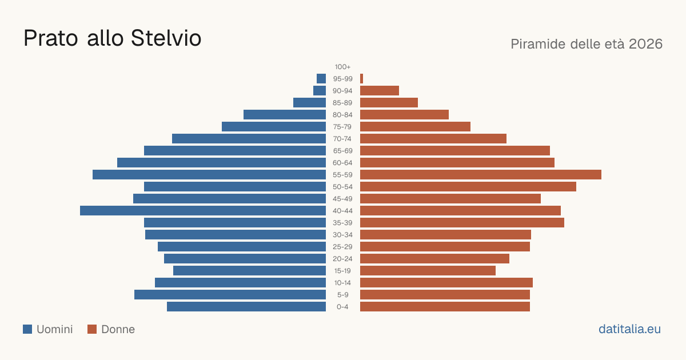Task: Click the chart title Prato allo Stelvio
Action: [113, 38]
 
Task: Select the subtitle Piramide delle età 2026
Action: [587, 44]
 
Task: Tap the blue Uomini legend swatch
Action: [27, 329]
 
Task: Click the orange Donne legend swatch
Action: [92, 329]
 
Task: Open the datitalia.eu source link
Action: [629, 329]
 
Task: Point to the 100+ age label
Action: [342, 67]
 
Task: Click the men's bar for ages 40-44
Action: [203, 211]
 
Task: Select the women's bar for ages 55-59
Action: [481, 174]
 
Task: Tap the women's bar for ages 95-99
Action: [362, 79]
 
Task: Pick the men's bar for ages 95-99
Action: [321, 79]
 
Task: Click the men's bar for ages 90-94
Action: [320, 91]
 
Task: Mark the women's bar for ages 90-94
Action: [380, 91]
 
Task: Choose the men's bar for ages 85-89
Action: [309, 102]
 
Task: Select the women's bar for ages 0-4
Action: [445, 307]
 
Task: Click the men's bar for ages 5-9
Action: [230, 295]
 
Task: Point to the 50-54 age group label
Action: [342, 187]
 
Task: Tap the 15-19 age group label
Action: [342, 271]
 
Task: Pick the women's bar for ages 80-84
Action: [404, 114]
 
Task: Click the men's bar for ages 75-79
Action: [274, 127]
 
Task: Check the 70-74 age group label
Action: [342, 139]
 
